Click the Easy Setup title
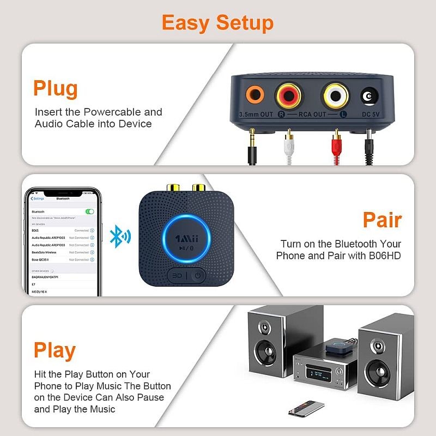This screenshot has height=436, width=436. pyautogui.click(x=217, y=22)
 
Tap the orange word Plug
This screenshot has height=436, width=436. pyautogui.click(x=55, y=88)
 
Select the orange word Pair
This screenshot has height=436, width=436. pyautogui.click(x=382, y=220)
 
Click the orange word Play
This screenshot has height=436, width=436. pyautogui.click(x=55, y=350)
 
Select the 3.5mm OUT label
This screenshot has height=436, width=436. pyautogui.click(x=256, y=115)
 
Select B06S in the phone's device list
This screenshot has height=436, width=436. pyautogui.click(x=36, y=231)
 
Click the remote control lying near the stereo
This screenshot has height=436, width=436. pyautogui.click(x=306, y=408)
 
